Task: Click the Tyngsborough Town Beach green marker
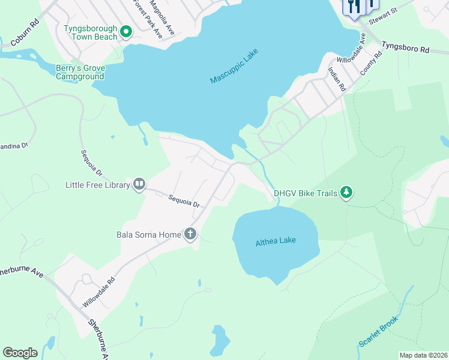pyautogui.click(x=126, y=32)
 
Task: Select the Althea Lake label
pyautogui.click(x=276, y=241)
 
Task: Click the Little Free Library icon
pyautogui.click(x=139, y=184)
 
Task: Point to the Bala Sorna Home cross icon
pyautogui.click(x=190, y=234)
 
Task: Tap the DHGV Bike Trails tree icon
pyautogui.click(x=346, y=193)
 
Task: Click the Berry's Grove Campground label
pyautogui.click(x=80, y=73)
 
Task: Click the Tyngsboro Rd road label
pyautogui.click(x=406, y=49)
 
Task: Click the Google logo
pyautogui.click(x=20, y=353)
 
